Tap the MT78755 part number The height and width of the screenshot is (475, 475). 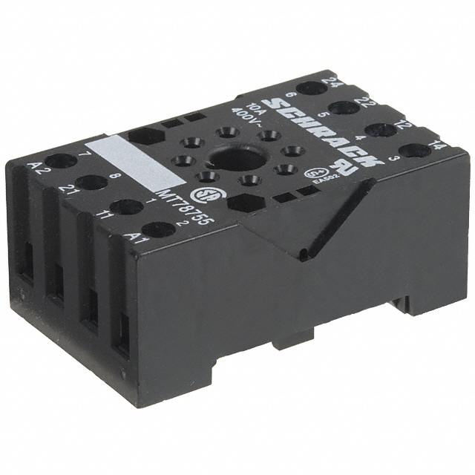[x=175, y=208]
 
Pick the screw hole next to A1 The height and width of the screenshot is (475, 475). [x=158, y=229]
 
